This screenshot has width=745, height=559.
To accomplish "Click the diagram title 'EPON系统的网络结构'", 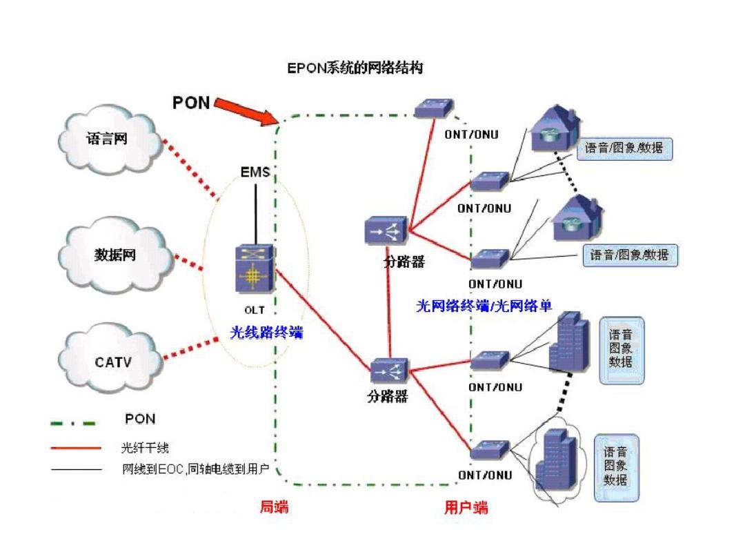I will coord(355,68).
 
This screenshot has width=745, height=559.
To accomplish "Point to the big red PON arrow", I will coord(247,112).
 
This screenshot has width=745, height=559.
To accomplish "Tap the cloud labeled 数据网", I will coord(115,255).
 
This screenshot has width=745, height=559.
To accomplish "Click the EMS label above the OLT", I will coord(255,171).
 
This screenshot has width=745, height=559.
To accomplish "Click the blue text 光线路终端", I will coord(266,333).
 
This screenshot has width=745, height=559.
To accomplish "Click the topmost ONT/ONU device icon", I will coord(434,108).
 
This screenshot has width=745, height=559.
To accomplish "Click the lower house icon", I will coord(577,219).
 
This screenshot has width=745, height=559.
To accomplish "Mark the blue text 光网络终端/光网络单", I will coord(484,306).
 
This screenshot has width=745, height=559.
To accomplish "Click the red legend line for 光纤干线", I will coord(76,448).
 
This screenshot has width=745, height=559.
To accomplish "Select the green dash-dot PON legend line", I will coord(73,422).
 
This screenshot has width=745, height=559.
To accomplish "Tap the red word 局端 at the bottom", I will coord(274,508).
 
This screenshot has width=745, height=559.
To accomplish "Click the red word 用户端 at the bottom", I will coord(466,508).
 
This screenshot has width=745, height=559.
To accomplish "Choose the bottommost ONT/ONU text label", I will coord(485,475).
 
